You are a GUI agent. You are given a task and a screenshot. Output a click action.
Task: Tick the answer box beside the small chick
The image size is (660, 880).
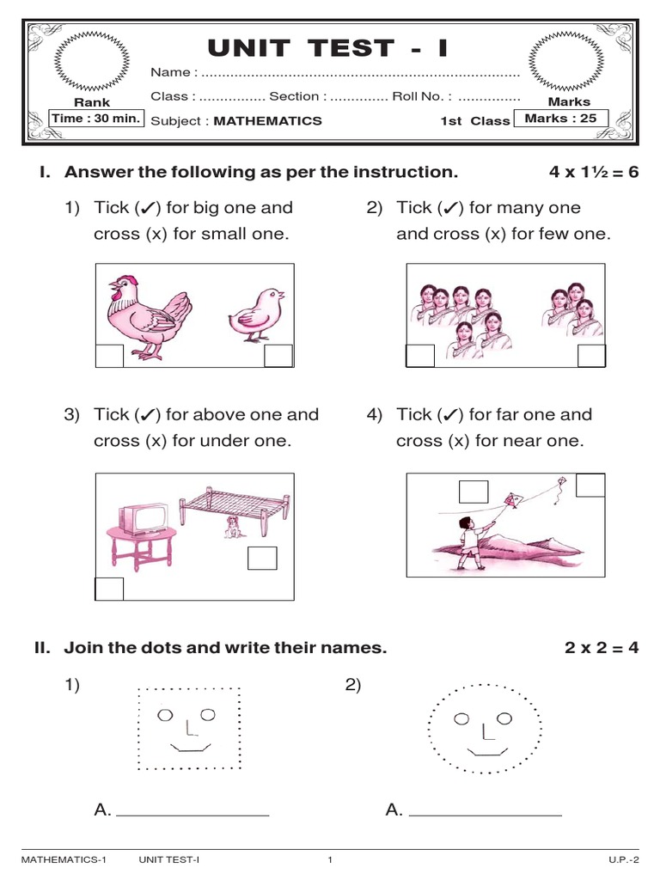click(x=278, y=356)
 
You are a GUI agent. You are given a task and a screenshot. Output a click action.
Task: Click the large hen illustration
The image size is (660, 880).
click(x=146, y=313)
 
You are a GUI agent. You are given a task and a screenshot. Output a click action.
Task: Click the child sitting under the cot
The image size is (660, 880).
click(x=230, y=528)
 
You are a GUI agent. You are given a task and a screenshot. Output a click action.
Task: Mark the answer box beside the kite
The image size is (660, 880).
click(x=474, y=491)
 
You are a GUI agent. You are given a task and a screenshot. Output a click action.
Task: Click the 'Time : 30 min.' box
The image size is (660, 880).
click(x=96, y=119)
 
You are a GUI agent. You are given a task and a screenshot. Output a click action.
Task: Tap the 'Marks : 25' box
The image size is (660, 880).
click(x=560, y=119)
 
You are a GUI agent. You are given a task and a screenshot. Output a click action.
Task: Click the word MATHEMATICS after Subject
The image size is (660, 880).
click(x=267, y=121)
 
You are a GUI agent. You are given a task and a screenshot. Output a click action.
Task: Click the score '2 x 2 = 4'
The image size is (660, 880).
click(x=602, y=648)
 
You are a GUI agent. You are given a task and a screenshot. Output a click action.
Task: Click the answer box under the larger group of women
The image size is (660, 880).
click(x=420, y=356)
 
